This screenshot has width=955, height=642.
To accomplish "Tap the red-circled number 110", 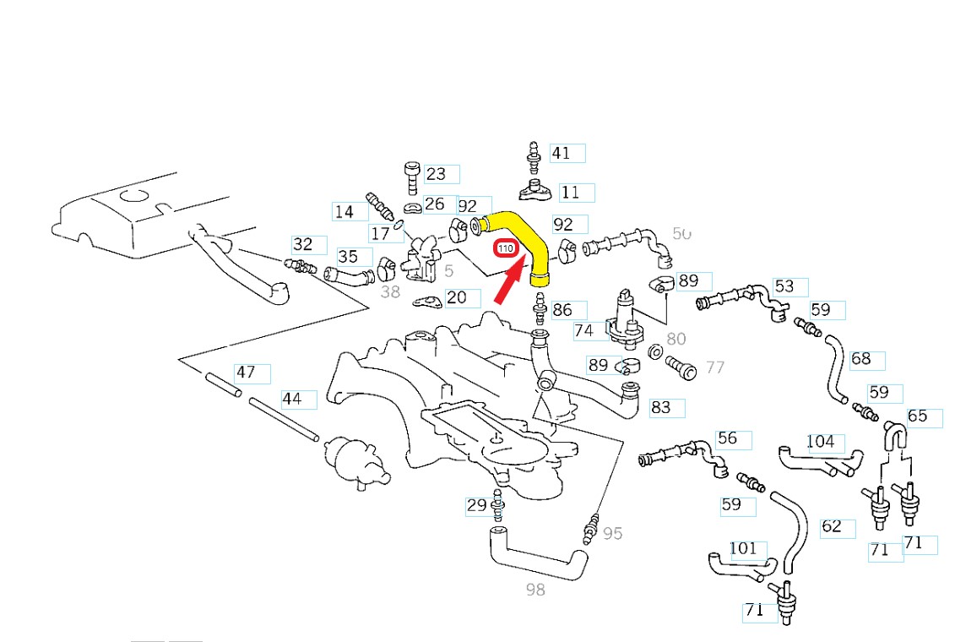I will click(506, 249).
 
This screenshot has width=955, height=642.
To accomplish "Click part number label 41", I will click(562, 153).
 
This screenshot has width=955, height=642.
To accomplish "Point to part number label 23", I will click(437, 174).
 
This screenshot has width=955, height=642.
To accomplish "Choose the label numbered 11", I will click(572, 193).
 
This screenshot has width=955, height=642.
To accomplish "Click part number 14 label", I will click(345, 212).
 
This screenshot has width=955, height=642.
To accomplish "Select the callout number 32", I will click(304, 245).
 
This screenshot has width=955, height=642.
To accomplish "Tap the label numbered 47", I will click(246, 373).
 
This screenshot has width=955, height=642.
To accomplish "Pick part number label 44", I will click(292, 399).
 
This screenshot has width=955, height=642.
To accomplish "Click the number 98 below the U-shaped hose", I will click(535, 590).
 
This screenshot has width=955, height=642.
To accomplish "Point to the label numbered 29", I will click(476, 506).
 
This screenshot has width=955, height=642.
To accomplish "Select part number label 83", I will click(661, 408).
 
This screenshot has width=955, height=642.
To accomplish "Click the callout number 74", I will click(584, 331).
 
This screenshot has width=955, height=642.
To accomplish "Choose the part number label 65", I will click(918, 416).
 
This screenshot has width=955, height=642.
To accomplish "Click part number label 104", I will click(821, 442).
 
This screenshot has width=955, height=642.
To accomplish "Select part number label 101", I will click(744, 549).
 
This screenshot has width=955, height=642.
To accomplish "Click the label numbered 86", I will click(563, 311).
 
